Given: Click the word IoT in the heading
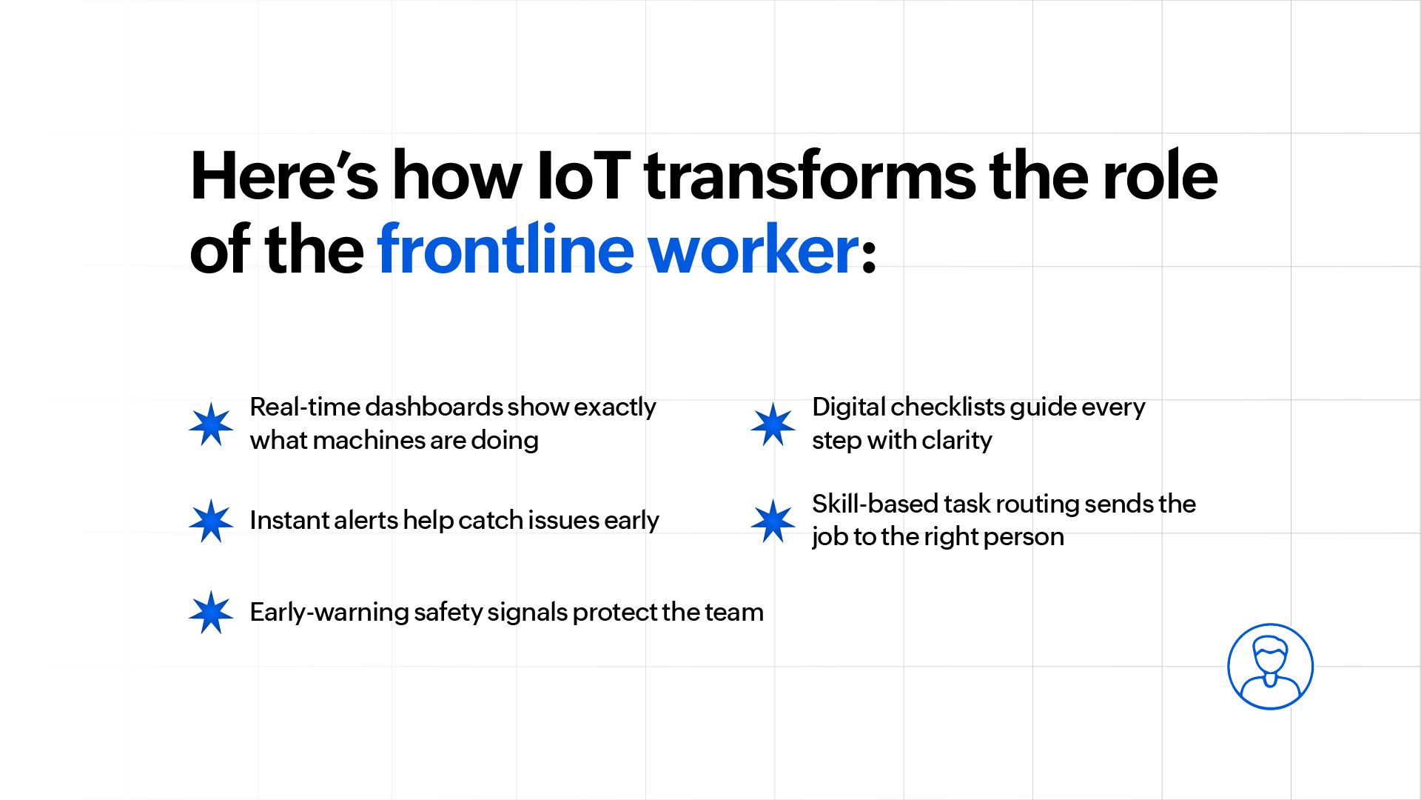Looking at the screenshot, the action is pyautogui.click(x=583, y=176).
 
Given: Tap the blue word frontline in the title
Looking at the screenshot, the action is pyautogui.click(x=505, y=249).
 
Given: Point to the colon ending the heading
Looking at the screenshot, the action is pyautogui.click(x=870, y=256).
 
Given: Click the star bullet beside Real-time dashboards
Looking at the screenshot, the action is pyautogui.click(x=211, y=424).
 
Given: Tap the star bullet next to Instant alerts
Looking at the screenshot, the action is pyautogui.click(x=211, y=521).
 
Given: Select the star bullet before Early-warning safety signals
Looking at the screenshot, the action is pyautogui.click(x=211, y=613).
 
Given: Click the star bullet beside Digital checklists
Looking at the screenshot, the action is pyautogui.click(x=773, y=424).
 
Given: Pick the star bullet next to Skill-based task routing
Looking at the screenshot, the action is pyautogui.click(x=773, y=521).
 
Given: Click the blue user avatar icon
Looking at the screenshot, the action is pyautogui.click(x=1270, y=667).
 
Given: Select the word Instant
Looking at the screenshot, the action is pyautogui.click(x=288, y=520).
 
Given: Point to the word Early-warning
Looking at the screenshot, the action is pyautogui.click(x=329, y=613).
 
